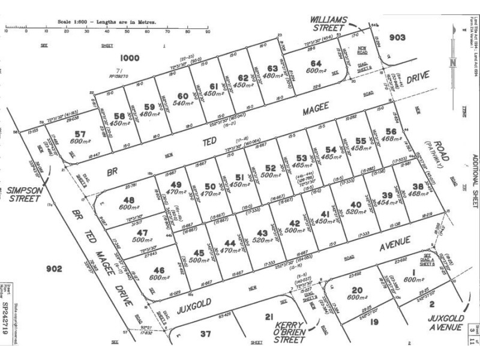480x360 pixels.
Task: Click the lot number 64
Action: [316, 64]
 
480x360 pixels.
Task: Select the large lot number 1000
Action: [129, 58]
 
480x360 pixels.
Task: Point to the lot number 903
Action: [397, 37]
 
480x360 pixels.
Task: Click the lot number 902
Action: [53, 269]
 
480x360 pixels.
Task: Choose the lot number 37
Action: [205, 334]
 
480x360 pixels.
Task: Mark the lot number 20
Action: [358, 290]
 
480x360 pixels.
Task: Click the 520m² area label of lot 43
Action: [262, 240]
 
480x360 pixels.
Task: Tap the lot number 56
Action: [391, 132]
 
